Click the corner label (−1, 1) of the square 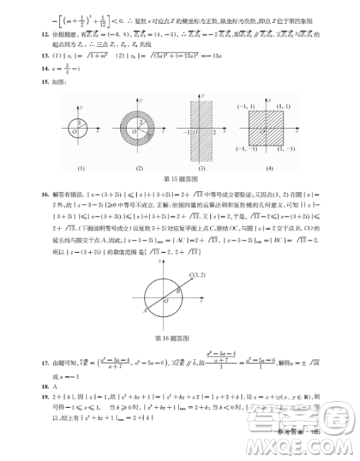[245, 104]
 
